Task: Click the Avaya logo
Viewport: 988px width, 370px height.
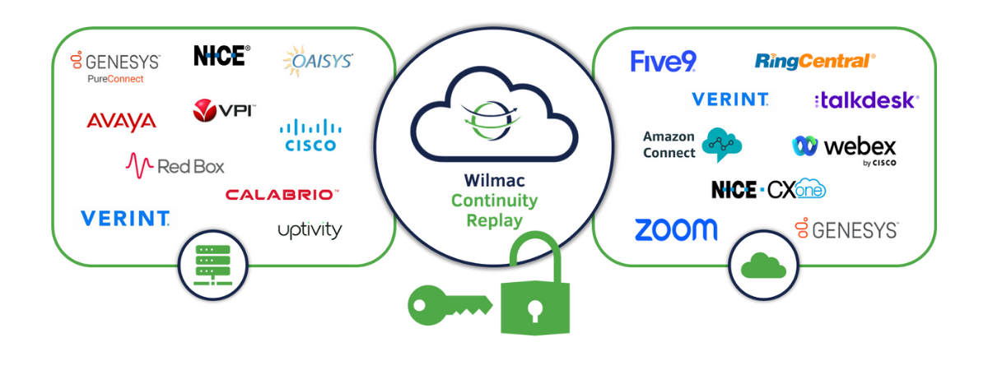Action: point(121,121)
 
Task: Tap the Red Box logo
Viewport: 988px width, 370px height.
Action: point(175,165)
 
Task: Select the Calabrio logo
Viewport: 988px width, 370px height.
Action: point(282,195)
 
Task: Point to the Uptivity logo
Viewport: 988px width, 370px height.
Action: point(309,230)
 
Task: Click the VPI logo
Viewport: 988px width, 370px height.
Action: point(224,110)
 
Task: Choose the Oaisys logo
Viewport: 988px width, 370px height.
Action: point(318,61)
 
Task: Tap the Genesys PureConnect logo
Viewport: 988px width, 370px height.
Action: point(115,66)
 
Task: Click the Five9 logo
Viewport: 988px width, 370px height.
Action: point(663,62)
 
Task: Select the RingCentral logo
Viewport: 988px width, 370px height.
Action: point(814,61)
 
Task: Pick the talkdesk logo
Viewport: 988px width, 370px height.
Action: point(865,100)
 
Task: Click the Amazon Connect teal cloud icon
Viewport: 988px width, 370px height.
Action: point(721,144)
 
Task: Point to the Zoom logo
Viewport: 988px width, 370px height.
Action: point(675,229)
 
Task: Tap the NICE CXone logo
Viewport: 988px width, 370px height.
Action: point(767,190)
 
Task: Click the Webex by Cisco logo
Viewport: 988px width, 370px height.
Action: point(845,149)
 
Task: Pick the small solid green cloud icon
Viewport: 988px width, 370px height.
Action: point(763,265)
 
